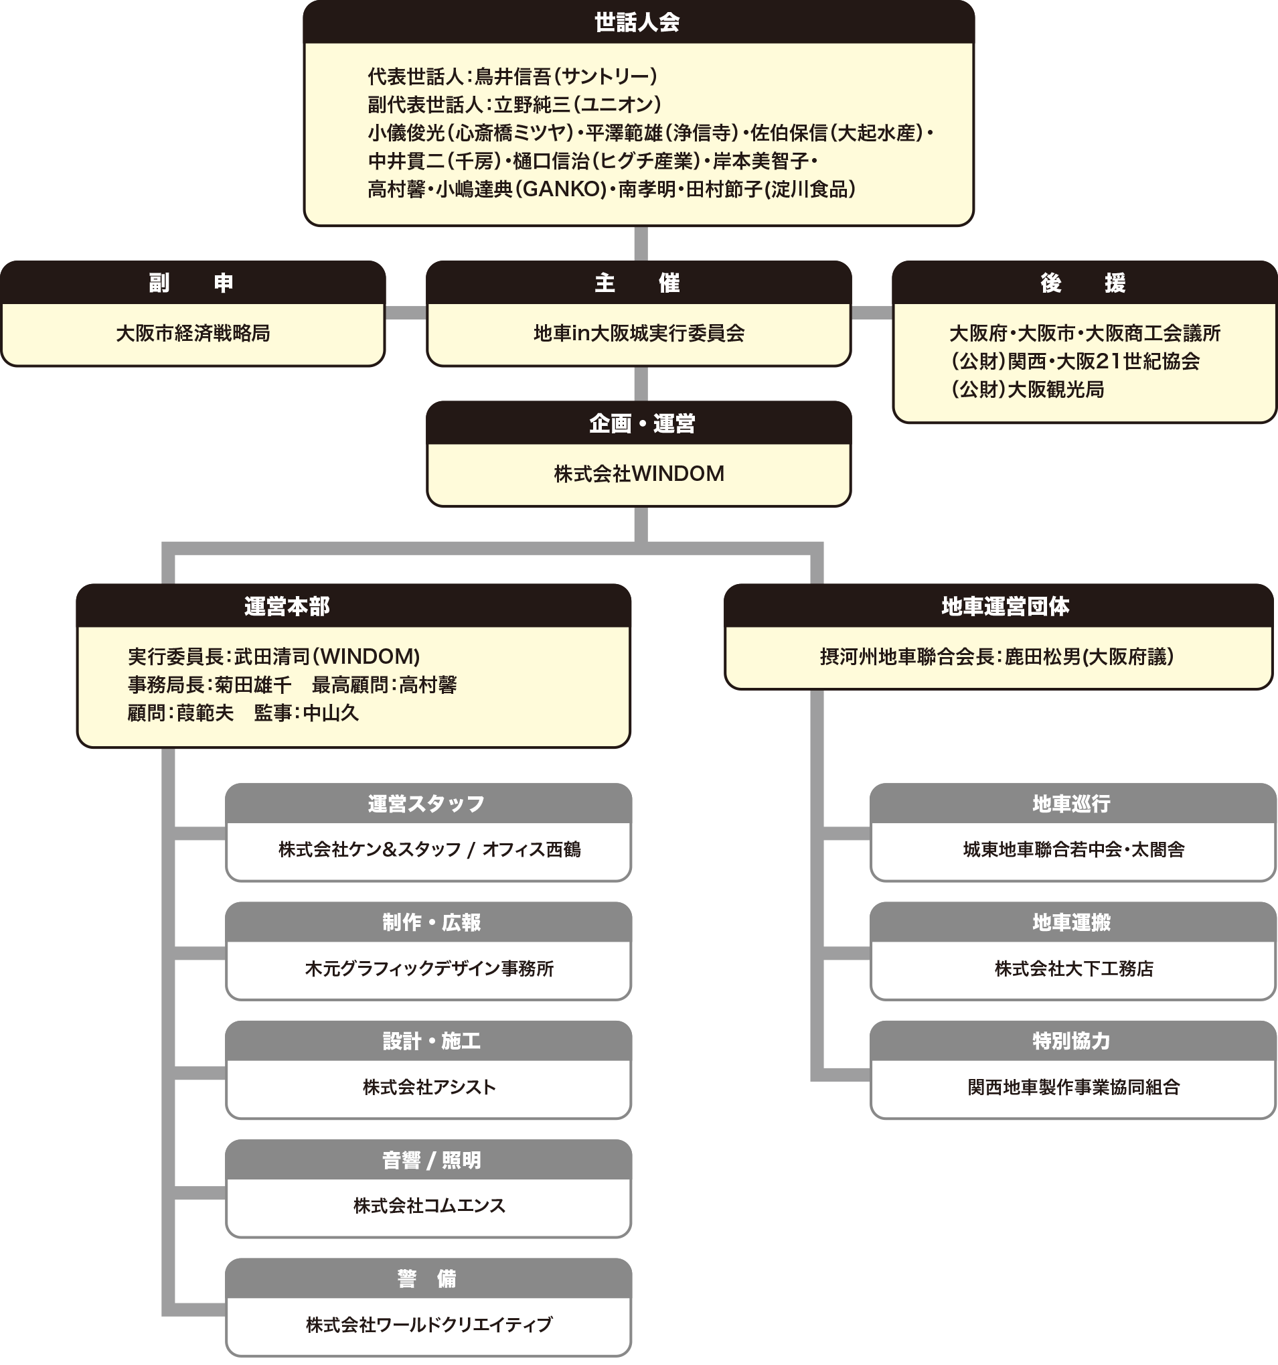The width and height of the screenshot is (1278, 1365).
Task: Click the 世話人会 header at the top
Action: coord(637,23)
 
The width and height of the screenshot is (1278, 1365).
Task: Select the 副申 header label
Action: coord(191,283)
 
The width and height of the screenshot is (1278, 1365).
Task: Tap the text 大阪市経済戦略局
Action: coord(193,334)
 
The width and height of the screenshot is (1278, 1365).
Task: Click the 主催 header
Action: coord(637,283)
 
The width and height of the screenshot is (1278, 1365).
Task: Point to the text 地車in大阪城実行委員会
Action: coord(639,334)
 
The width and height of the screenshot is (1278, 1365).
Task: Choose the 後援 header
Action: coord(1083,283)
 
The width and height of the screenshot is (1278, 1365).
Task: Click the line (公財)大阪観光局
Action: coord(1028,390)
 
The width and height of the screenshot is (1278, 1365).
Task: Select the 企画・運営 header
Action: coord(642,424)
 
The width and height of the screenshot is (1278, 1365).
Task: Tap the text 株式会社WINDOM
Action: coord(639,474)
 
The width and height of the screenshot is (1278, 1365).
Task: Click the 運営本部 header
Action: coord(287,606)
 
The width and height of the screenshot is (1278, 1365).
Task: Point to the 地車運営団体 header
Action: coord(1006,606)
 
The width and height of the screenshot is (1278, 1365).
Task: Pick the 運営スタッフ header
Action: coord(426,804)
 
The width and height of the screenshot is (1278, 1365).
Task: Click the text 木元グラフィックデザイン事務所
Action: coord(429,968)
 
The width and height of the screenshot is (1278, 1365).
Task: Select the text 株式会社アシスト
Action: coord(429,1088)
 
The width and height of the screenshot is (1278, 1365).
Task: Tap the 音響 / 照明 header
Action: coord(431,1161)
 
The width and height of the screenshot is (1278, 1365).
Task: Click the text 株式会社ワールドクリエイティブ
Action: coord(429,1325)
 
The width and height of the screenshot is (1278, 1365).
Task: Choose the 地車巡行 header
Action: coord(1071,804)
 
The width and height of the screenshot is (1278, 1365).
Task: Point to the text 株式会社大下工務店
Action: coord(1073,968)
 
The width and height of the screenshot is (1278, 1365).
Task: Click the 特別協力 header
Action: coord(1071,1041)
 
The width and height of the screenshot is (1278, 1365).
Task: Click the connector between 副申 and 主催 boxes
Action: coord(406,313)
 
